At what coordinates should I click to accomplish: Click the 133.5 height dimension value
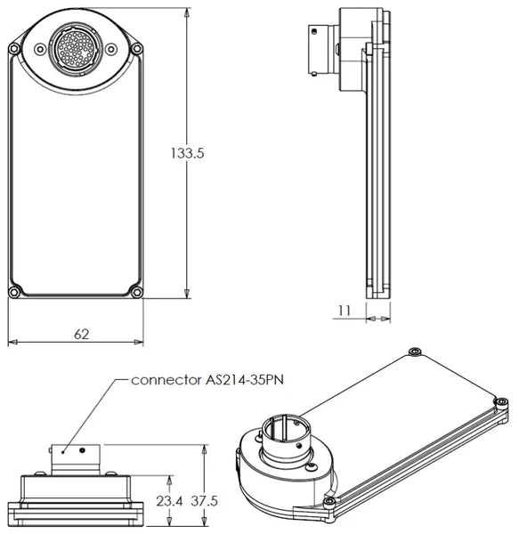pos(188,153)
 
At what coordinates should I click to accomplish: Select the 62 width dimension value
pos(82,335)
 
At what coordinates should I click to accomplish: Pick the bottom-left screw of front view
pos(13,292)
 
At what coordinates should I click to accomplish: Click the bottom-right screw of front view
pos(137,292)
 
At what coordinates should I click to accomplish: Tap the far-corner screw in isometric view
pos(414,352)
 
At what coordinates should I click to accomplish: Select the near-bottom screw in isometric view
pos(329,502)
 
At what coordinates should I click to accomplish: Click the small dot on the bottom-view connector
pos(83,449)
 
